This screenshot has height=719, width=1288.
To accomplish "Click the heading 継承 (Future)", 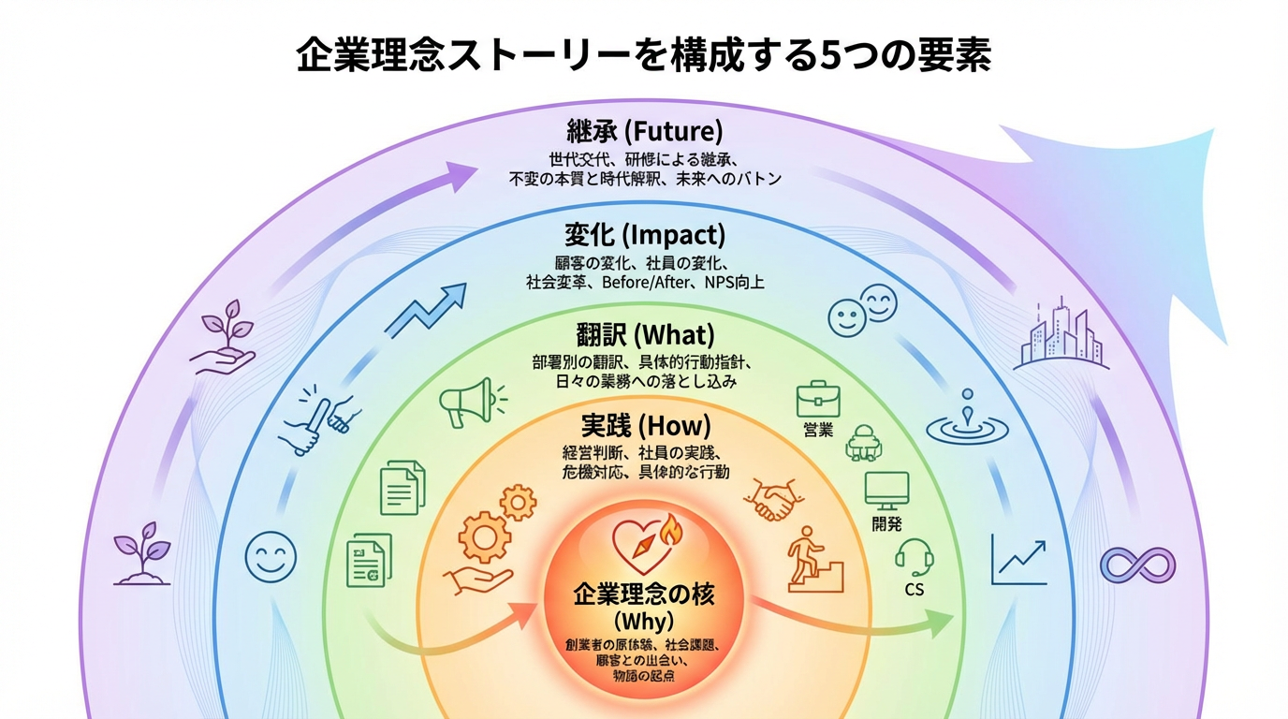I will coord(644,130).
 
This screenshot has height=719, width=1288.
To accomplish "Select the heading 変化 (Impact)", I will coord(644,233).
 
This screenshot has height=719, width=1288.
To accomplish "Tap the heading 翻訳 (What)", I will coord(644,333).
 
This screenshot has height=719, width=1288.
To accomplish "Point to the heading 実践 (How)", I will coord(644,425).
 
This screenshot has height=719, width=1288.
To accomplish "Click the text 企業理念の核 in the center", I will coord(644,593).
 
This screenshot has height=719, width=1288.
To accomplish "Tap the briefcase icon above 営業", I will coord(818,399).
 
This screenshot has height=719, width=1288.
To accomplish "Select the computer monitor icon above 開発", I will coord(886,490).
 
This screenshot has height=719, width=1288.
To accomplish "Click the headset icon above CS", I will coord(914,558).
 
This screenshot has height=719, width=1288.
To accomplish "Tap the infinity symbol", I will coord(1137,565).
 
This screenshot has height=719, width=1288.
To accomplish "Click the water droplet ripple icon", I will coord(968,420).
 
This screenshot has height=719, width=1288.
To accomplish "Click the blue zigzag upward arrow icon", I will coord(426,309).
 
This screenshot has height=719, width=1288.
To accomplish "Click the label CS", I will coord(915,590).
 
